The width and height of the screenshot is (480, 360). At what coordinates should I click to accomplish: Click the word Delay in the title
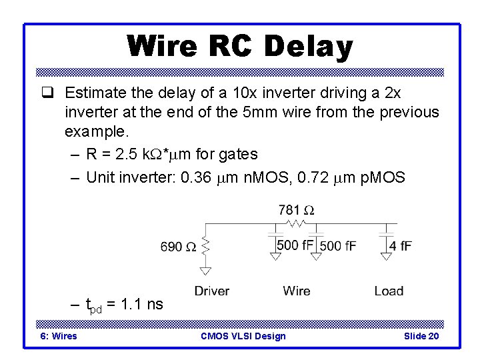pyautogui.click(x=307, y=47)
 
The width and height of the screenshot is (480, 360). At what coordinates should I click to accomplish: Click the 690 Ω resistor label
pyautogui.click(x=179, y=247)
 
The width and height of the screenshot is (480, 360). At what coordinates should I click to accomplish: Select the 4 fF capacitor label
pyautogui.click(x=401, y=246)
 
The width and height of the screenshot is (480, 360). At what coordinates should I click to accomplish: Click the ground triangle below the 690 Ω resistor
pyautogui.click(x=206, y=270)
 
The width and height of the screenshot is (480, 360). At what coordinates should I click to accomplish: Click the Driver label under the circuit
pyautogui.click(x=211, y=291)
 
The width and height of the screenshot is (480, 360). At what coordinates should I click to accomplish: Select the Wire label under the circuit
pyautogui.click(x=296, y=291)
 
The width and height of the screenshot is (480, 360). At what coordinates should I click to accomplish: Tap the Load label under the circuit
pyautogui.click(x=389, y=291)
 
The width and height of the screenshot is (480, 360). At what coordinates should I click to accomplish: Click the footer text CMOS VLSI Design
pyautogui.click(x=243, y=336)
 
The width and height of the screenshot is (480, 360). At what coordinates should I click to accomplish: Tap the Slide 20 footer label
pyautogui.click(x=421, y=336)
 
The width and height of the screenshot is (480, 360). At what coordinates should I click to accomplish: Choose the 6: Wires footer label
pyautogui.click(x=59, y=336)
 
